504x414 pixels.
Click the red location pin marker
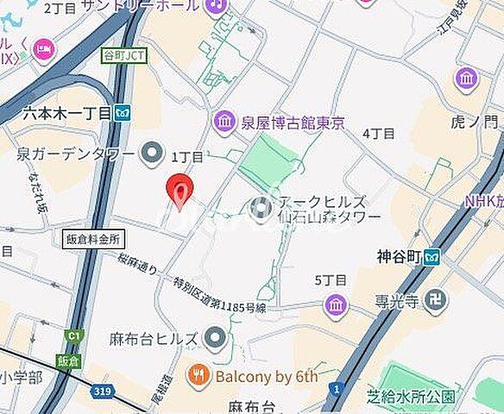point(179,189)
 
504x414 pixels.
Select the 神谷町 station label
point(397,256)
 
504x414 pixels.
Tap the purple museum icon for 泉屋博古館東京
point(224,122)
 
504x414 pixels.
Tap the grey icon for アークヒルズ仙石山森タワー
point(259,208)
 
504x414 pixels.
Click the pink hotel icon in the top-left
point(42,51)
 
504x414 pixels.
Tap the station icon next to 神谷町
point(432,256)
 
